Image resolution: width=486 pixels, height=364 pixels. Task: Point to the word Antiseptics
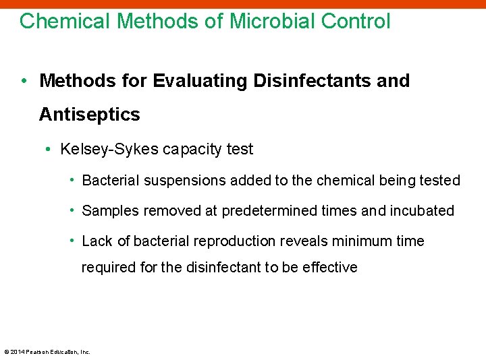(90, 115)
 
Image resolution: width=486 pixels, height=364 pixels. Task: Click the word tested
(439, 181)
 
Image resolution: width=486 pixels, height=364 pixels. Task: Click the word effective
(329, 268)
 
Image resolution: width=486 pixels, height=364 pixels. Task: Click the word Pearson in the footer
(37, 352)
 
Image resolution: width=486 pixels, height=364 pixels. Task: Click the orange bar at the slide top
(243, 3)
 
